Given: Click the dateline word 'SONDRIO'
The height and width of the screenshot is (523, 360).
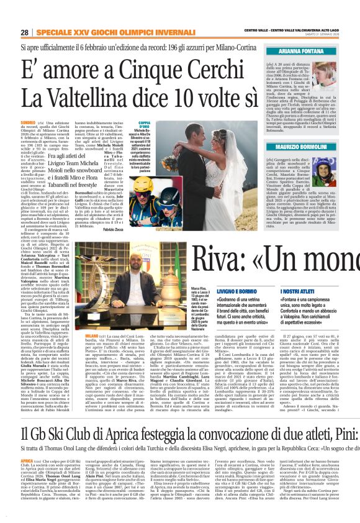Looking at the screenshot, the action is click(27, 124).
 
